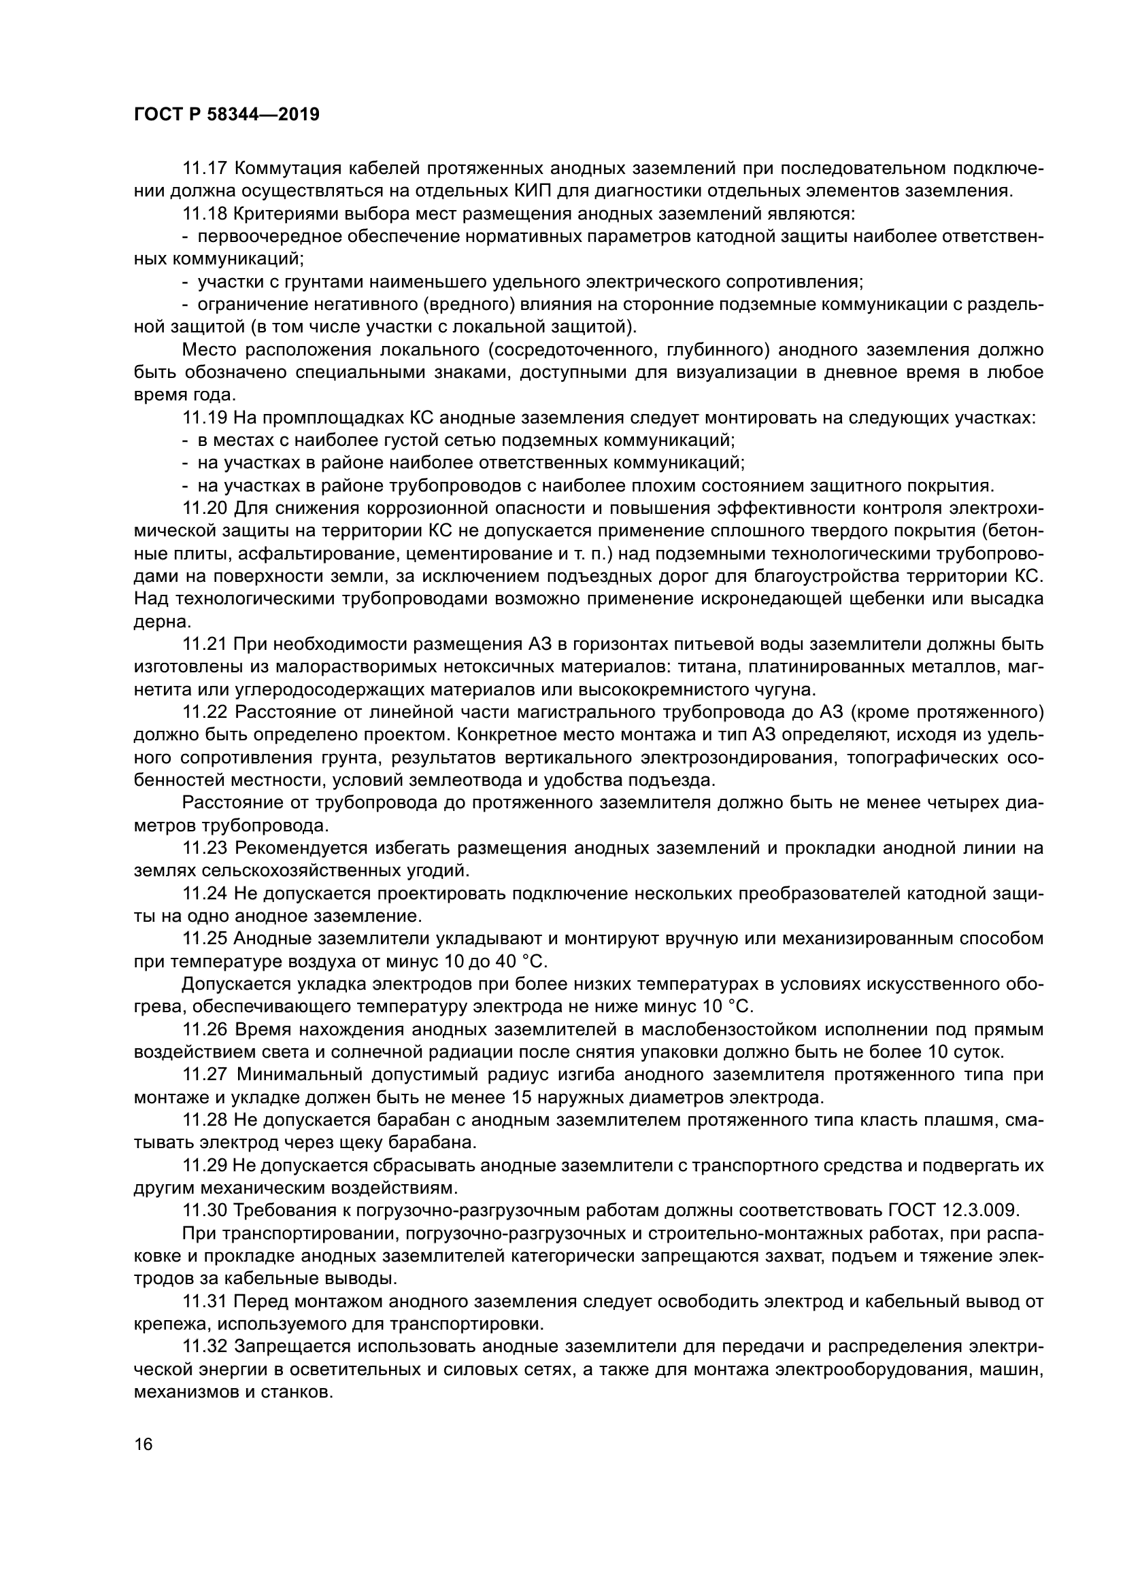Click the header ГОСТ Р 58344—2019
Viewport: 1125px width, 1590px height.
coord(226,115)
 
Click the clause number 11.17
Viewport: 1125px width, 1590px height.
coord(204,169)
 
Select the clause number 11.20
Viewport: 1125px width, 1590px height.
coord(204,508)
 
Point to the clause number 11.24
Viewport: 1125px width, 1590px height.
coord(204,894)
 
